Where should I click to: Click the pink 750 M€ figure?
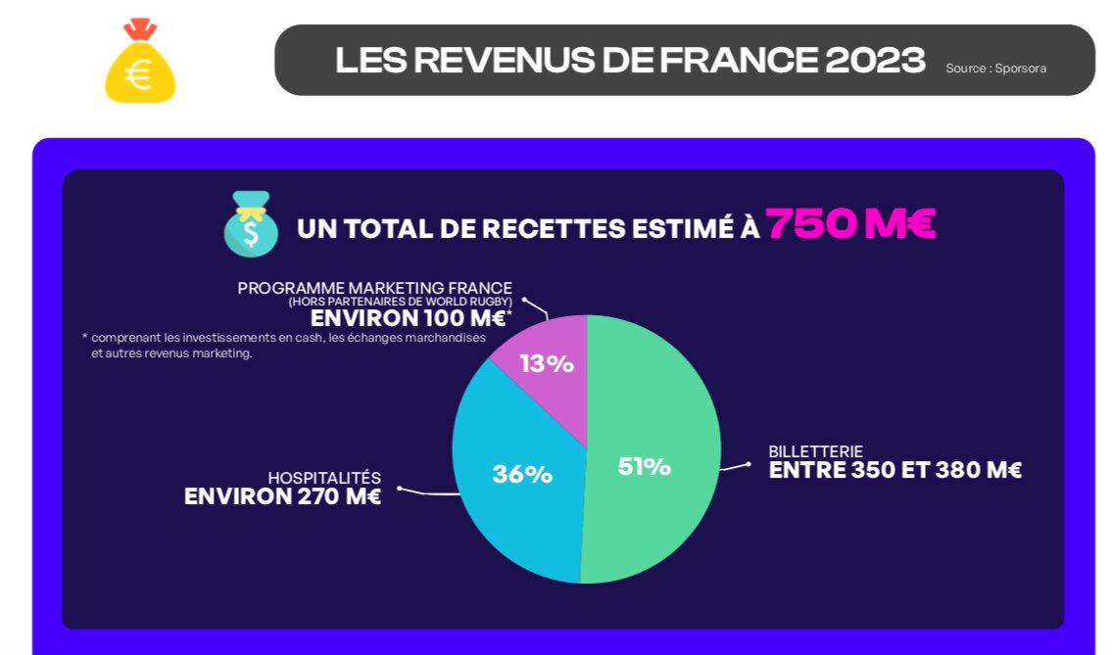[x=849, y=224]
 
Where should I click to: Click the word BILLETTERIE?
[x=815, y=451]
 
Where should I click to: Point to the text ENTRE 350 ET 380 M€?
[x=894, y=471]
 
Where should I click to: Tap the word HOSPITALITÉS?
[x=324, y=478]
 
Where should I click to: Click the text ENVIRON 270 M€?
[x=282, y=496]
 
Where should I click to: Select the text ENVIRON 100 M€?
[x=408, y=319]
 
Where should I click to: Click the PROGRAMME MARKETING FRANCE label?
[x=374, y=288]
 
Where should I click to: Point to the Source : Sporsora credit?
[x=995, y=69]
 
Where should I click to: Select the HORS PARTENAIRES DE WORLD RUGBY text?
[x=400, y=302]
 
